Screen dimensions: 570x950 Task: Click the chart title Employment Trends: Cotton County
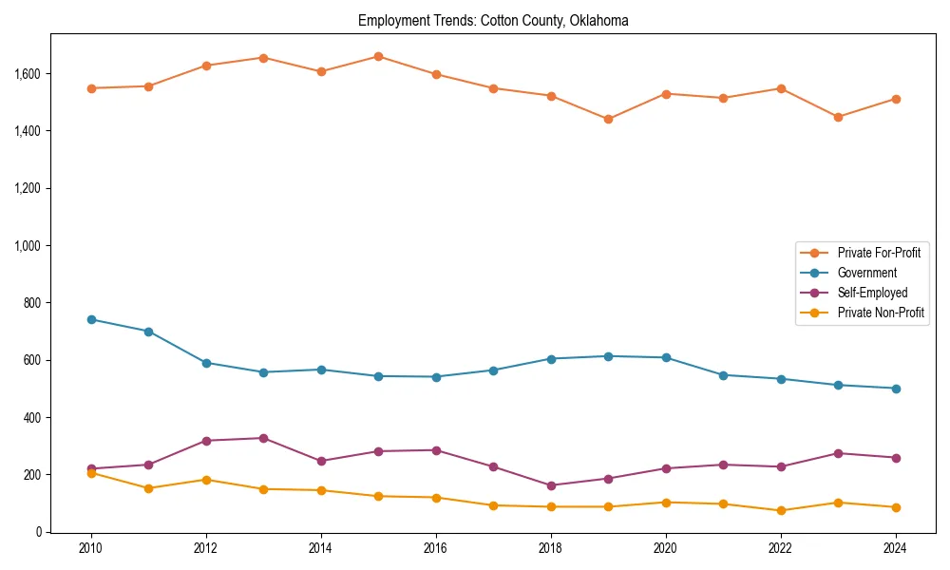point(493,20)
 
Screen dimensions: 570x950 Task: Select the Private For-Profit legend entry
point(878,253)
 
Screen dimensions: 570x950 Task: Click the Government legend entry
point(865,273)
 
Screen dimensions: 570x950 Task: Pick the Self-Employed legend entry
point(871,293)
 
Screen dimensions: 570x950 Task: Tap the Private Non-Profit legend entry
point(880,313)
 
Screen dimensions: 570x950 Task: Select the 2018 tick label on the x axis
point(551,548)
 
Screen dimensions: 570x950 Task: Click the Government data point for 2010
point(91,319)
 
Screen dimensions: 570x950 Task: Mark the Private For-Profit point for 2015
point(378,56)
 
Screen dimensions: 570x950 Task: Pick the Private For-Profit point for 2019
point(608,119)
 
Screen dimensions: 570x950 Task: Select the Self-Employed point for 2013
point(263,438)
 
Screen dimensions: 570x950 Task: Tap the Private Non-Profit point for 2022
point(781,510)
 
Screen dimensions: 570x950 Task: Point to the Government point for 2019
point(608,356)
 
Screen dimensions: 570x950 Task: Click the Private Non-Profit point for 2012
point(206,480)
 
